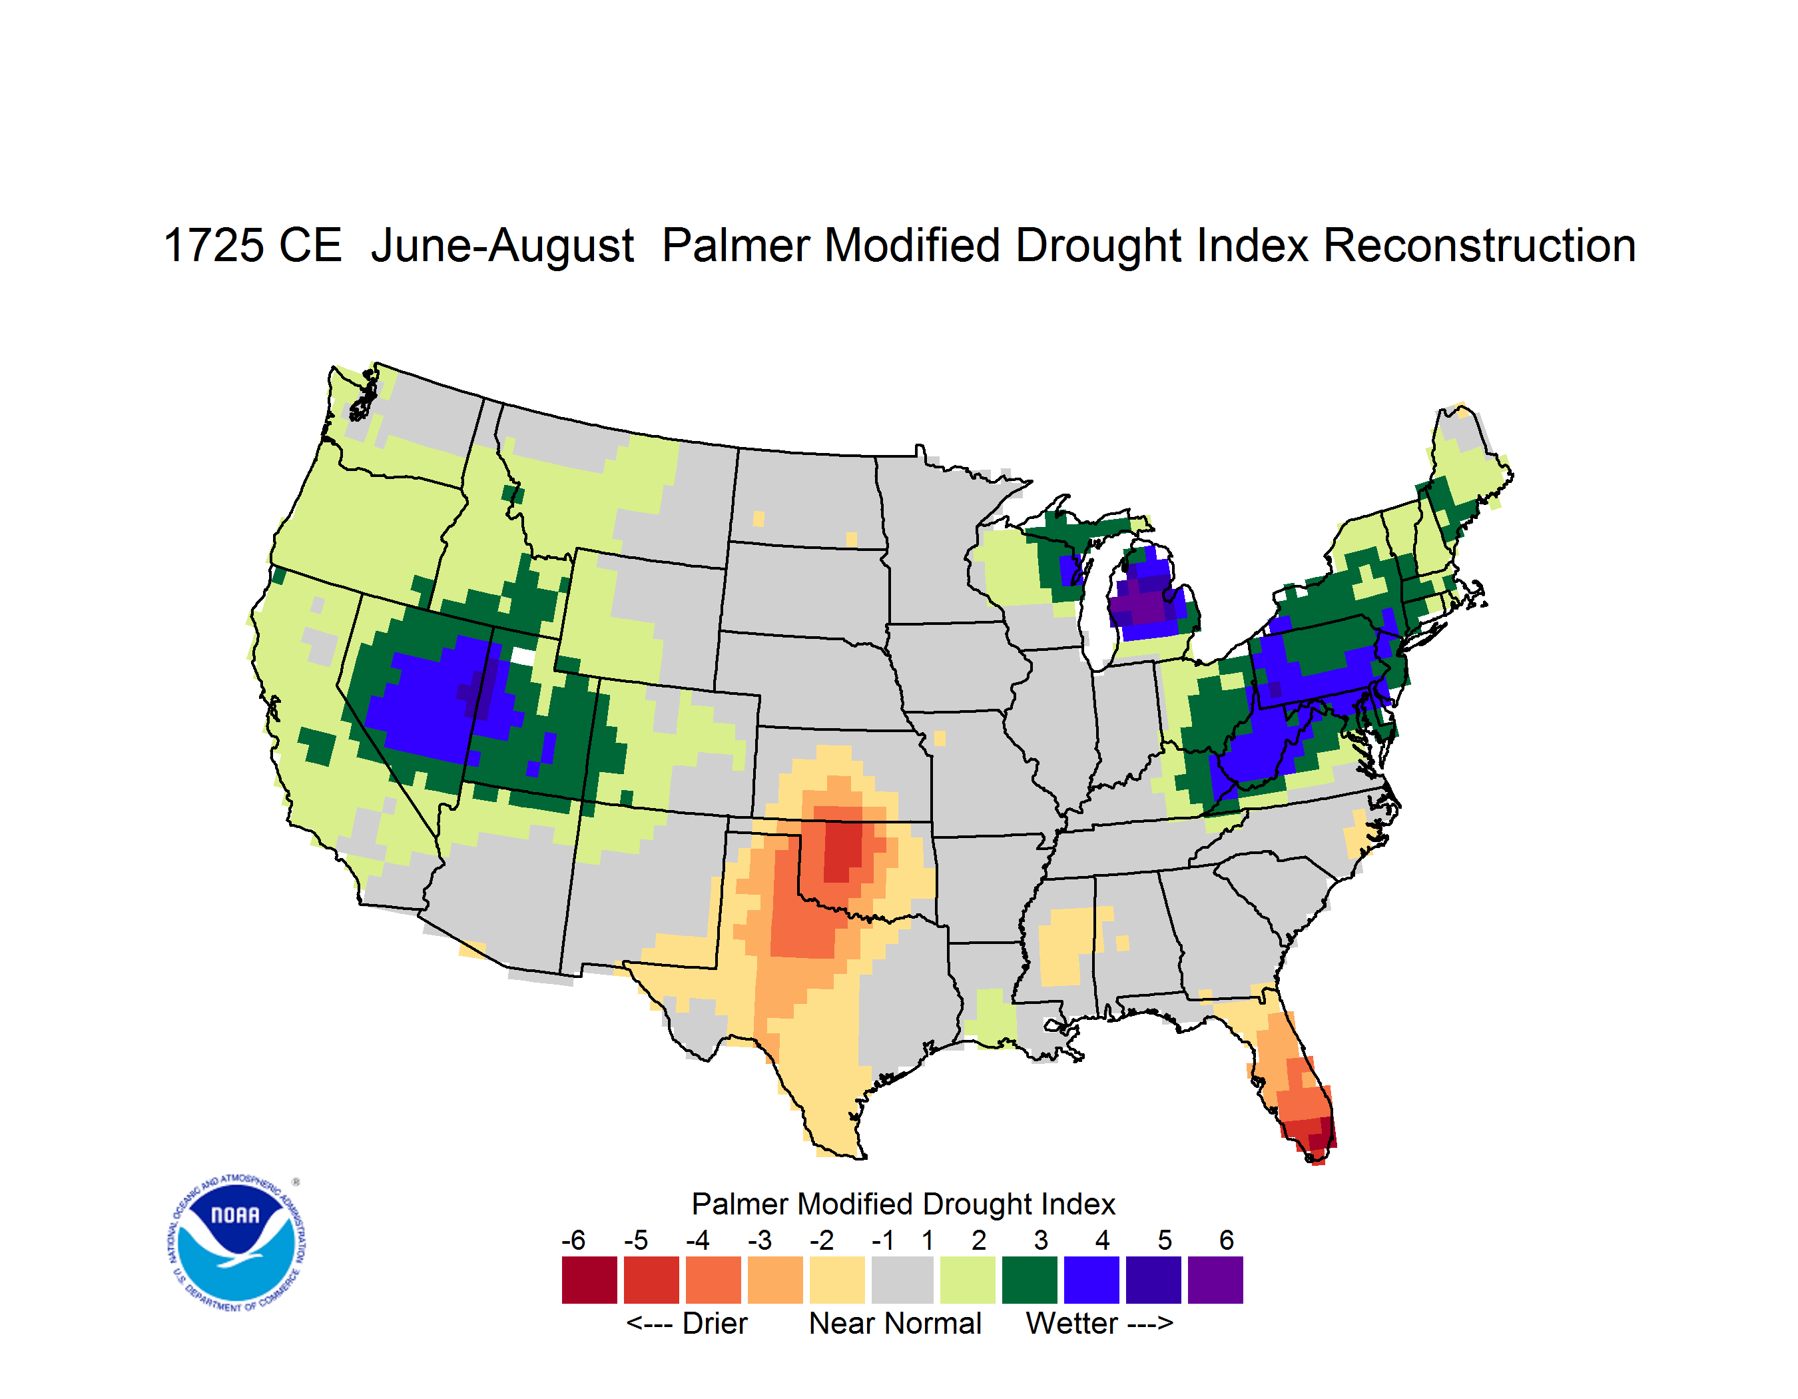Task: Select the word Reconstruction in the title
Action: click(1480, 245)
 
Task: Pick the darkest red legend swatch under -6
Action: click(589, 1280)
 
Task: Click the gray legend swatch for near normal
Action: click(902, 1280)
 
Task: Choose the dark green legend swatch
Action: click(1029, 1280)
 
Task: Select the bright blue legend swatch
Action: click(1091, 1280)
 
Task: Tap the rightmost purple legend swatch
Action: click(1215, 1280)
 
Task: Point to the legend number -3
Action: click(760, 1240)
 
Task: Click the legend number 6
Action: click(1227, 1240)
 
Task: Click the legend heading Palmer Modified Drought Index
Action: click(903, 1204)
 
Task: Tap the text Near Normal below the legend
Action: click(895, 1323)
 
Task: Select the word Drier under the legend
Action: click(715, 1323)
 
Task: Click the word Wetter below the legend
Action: click(1072, 1323)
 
